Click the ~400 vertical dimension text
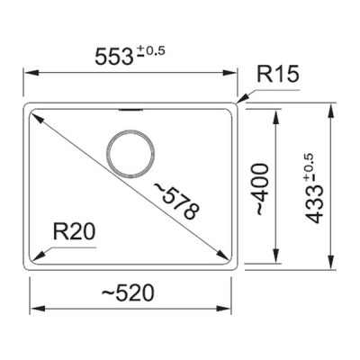tap(260, 189)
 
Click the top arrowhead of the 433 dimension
tap(331, 108)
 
